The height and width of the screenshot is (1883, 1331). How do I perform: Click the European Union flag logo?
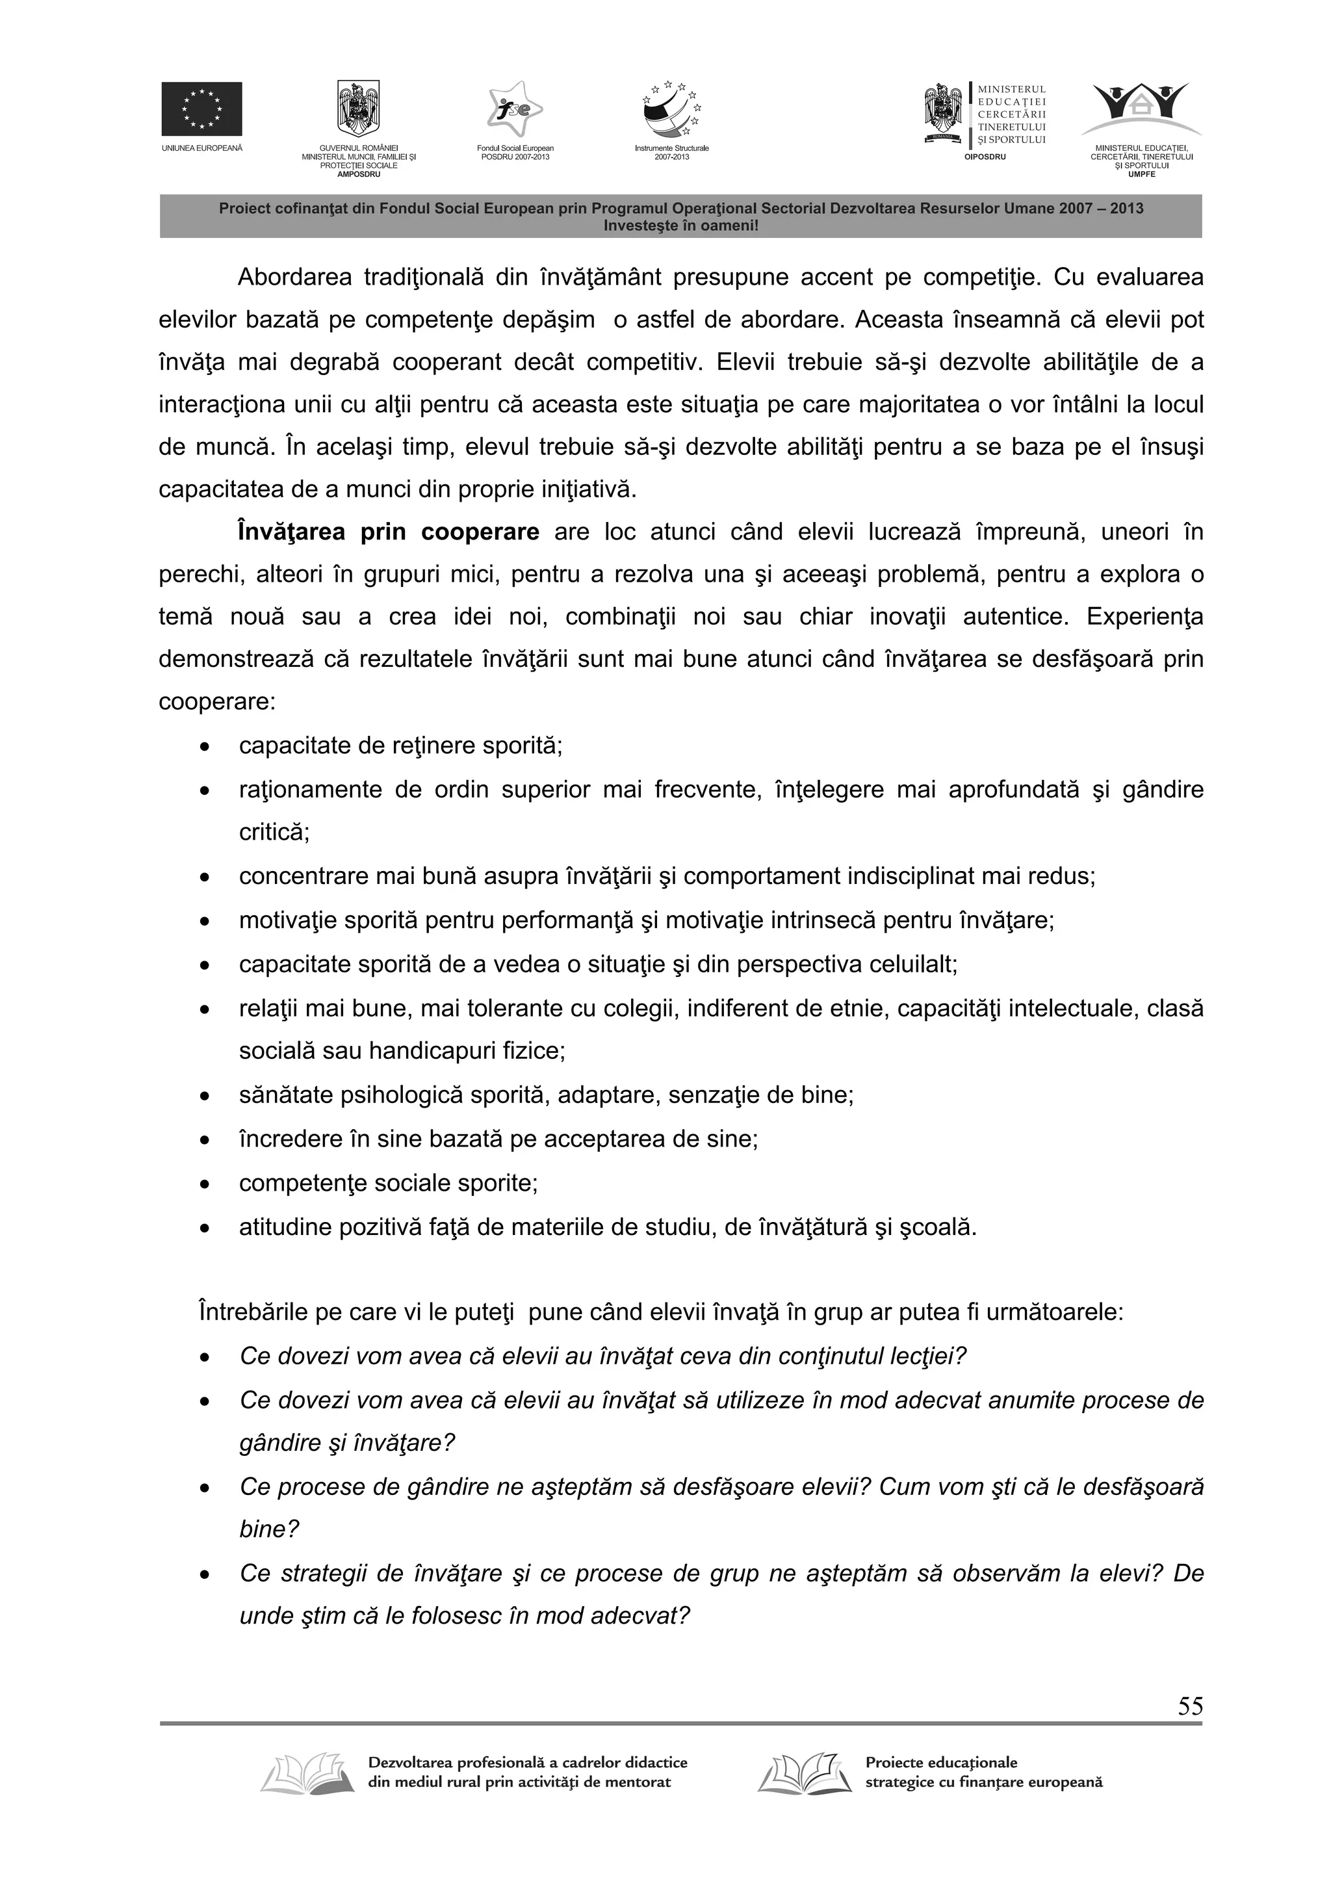201,109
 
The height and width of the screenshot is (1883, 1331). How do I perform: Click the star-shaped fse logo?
515,109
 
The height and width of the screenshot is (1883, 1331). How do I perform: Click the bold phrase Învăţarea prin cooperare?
388,532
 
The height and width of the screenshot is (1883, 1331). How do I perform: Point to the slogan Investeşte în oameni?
680,225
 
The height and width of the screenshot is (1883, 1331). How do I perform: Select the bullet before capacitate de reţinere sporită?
204,747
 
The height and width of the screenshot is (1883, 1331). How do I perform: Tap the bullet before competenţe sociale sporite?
204,1184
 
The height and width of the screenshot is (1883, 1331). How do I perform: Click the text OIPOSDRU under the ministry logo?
984,157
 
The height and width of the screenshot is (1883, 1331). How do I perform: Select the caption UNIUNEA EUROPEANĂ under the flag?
201,148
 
